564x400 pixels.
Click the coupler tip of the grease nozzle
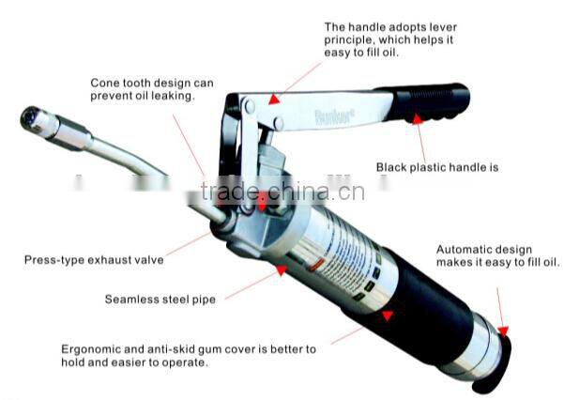click(x=33, y=119)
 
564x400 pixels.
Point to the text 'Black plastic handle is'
click(x=437, y=168)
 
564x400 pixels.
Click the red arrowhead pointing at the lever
click(x=273, y=98)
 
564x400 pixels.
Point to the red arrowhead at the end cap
click(x=502, y=331)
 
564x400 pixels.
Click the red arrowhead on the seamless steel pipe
click(x=279, y=271)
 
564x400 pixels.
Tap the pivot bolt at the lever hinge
click(x=250, y=109)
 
